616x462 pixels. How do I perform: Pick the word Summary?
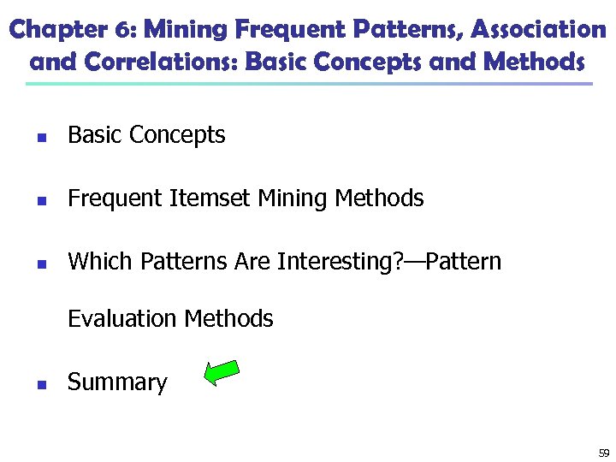click(x=117, y=382)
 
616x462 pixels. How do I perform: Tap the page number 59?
click(x=604, y=453)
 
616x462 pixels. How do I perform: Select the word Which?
click(x=97, y=261)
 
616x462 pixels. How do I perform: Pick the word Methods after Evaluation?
click(x=229, y=319)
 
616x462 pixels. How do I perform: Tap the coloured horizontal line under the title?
click(x=308, y=84)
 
